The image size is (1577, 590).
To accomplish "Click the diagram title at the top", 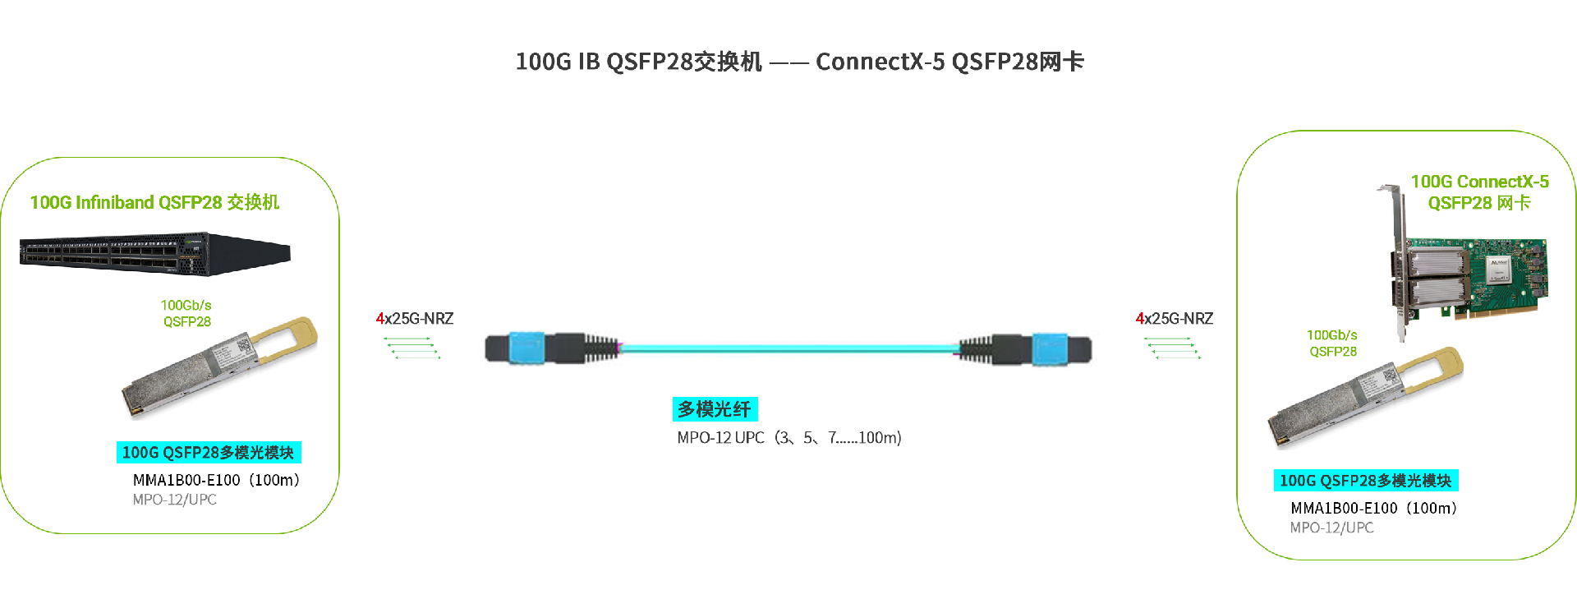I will click(x=799, y=62).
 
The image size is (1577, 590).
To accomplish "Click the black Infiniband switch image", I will click(x=154, y=253).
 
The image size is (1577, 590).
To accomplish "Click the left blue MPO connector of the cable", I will click(x=526, y=348).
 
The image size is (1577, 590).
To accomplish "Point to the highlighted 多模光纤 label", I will click(x=715, y=409).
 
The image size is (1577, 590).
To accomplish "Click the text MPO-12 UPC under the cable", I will click(x=720, y=438).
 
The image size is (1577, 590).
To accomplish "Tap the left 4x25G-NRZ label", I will click(x=415, y=319).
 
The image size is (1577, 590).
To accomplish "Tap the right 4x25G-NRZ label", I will click(x=1175, y=319).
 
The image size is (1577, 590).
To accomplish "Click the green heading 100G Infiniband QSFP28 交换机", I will click(x=154, y=202).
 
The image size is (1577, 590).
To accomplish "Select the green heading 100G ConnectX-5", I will click(x=1479, y=182).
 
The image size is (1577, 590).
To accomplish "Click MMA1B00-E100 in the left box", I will click(x=186, y=480).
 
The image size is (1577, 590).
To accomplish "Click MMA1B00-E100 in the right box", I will click(x=1344, y=509).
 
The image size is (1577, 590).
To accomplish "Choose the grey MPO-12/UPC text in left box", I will click(x=175, y=500).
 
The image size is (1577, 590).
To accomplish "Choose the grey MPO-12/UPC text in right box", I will click(x=1331, y=528).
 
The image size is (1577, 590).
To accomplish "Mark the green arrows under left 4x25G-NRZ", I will click(x=412, y=348).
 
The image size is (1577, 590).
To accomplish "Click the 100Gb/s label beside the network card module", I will click(x=1331, y=335).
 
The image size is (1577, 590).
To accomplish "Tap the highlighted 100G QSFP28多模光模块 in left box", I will click(x=209, y=453).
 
